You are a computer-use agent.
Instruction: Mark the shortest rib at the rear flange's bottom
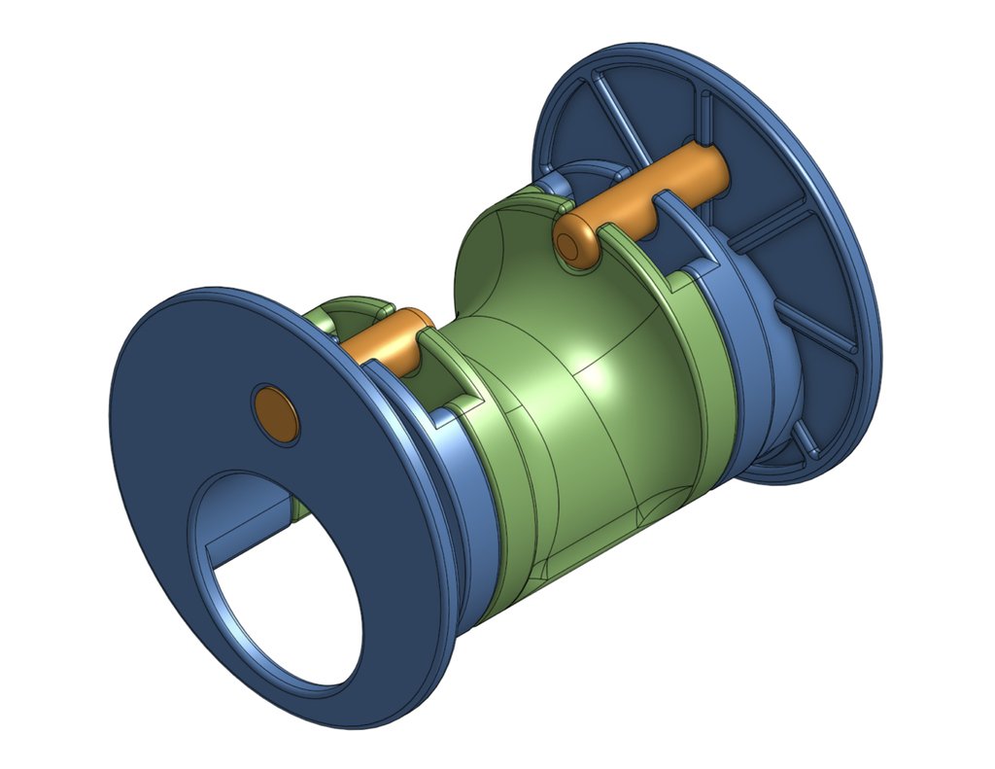tap(805, 441)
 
